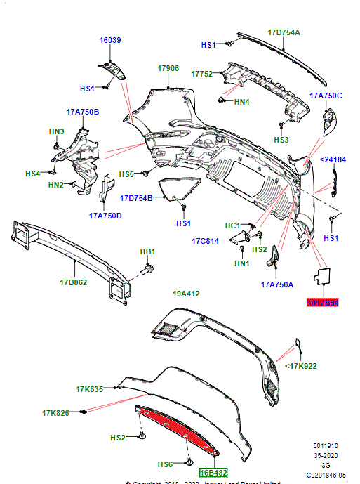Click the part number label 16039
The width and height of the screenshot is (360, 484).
point(110,41)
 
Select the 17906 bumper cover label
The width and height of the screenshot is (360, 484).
point(168,68)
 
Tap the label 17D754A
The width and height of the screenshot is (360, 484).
point(284,32)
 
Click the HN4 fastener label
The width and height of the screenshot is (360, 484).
point(241,103)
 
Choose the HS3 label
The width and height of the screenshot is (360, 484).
point(281,140)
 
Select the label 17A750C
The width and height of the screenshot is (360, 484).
point(326,96)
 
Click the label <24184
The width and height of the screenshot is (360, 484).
point(333,160)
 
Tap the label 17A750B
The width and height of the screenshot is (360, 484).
point(83,112)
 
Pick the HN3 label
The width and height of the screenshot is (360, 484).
point(56,131)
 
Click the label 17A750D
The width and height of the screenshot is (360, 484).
point(105,216)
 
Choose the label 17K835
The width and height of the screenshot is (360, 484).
point(89,388)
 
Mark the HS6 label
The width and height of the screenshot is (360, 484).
point(165,465)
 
